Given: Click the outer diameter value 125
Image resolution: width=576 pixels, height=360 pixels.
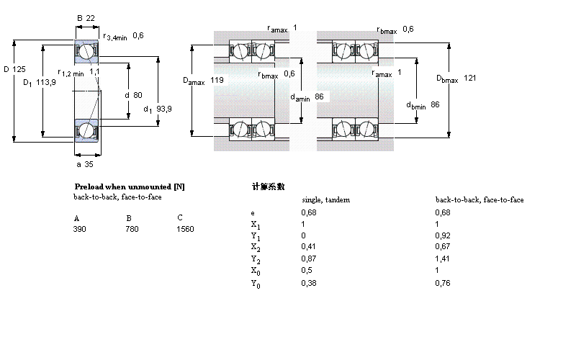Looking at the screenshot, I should point(19,69).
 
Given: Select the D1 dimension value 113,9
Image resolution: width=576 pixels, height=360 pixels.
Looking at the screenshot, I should point(47,82).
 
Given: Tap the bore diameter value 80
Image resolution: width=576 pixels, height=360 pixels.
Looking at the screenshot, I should point(138,94).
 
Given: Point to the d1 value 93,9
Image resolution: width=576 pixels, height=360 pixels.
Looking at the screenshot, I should point(164,109).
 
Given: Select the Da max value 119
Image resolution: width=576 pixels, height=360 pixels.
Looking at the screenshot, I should point(217,78).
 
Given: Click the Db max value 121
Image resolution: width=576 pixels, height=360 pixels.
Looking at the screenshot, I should point(470,78).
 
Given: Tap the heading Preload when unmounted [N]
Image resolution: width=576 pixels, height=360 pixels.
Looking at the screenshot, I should point(130,186).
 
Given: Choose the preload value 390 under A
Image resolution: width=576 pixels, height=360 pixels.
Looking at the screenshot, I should point(80,229).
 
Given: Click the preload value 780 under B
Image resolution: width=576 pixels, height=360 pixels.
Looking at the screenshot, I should point(132,229).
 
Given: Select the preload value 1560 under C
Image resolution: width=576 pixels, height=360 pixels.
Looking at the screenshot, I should point(185,229).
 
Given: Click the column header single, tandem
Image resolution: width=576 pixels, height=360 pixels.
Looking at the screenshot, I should point(325,199).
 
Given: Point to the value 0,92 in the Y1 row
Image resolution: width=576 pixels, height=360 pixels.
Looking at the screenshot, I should point(444,235).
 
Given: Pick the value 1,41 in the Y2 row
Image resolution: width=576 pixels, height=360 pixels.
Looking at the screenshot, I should point(444,258).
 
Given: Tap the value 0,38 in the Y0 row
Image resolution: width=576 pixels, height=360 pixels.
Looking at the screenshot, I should point(308,282).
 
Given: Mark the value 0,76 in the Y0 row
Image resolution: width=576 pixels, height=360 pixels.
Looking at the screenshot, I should point(444,282).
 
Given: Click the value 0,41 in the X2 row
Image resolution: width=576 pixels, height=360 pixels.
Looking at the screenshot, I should point(308,247).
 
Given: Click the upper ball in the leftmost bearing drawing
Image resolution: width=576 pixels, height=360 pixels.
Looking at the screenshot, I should point(86,52).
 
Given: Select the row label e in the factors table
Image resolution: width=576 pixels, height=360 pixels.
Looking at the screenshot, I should point(252,212).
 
